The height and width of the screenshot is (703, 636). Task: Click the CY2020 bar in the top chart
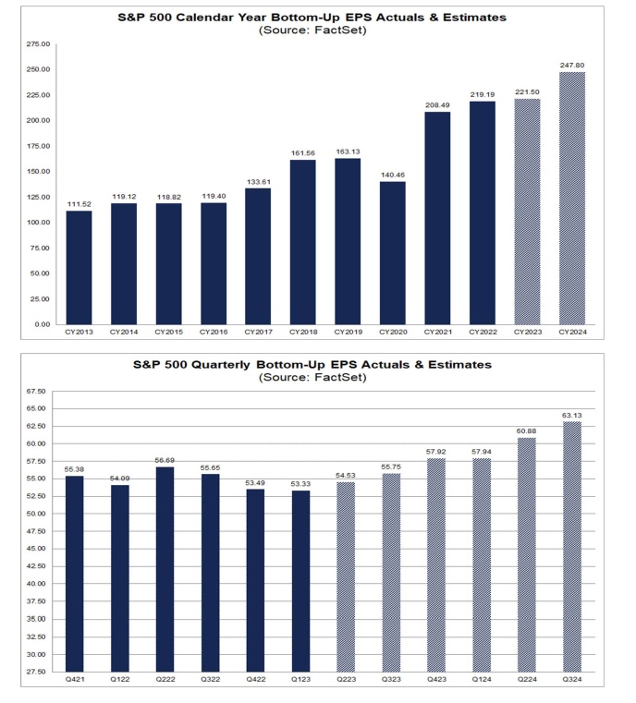click(x=393, y=252)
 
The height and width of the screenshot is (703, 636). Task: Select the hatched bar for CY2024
click(x=572, y=198)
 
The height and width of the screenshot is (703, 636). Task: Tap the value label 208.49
click(x=437, y=105)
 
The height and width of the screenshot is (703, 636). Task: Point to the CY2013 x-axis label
click(x=79, y=332)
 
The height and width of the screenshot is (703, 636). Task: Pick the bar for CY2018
click(x=303, y=242)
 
